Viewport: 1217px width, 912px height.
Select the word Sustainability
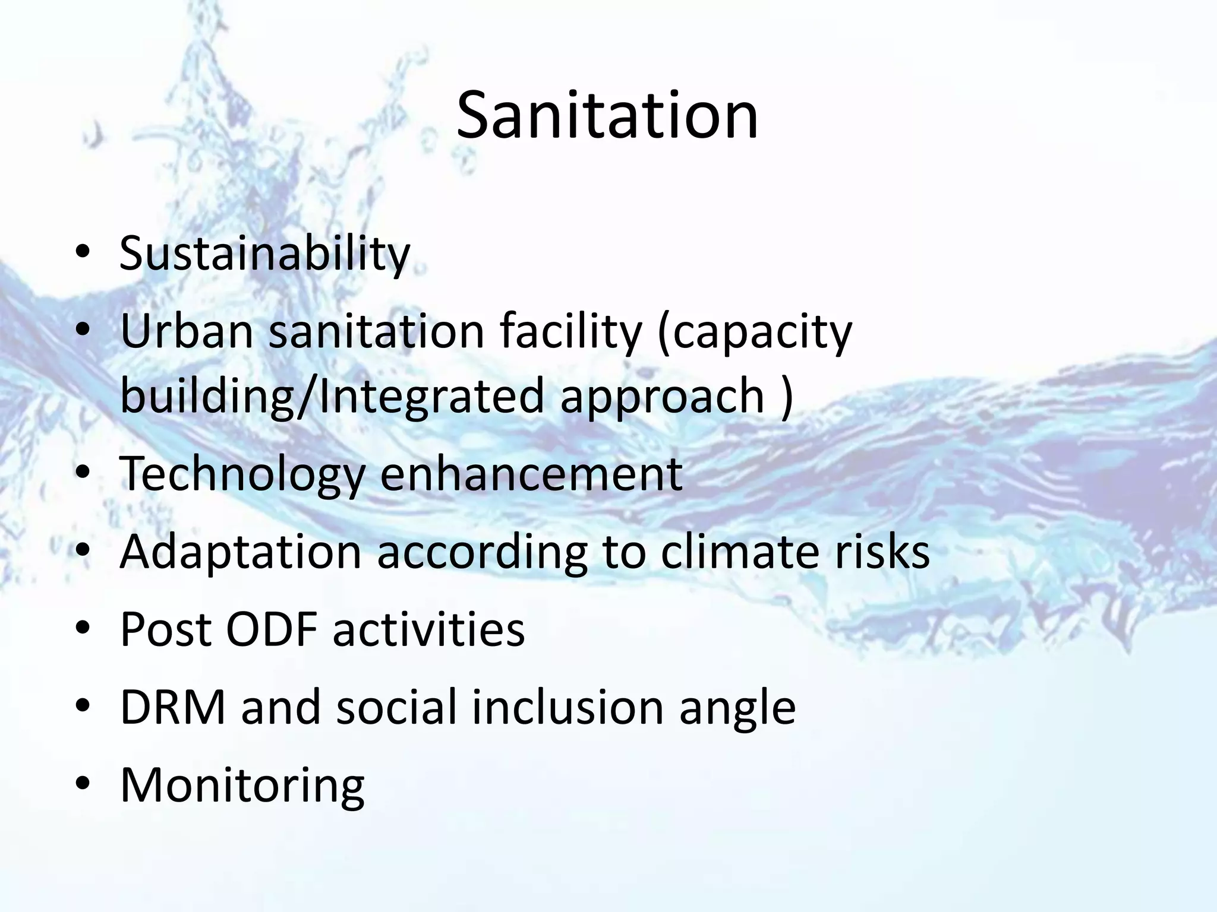point(265,254)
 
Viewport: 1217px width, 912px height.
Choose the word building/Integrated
point(332,397)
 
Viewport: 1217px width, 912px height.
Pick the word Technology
point(242,475)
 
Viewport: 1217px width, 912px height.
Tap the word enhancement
point(531,474)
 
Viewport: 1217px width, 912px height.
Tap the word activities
point(428,630)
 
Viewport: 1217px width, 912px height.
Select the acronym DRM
point(173,708)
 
